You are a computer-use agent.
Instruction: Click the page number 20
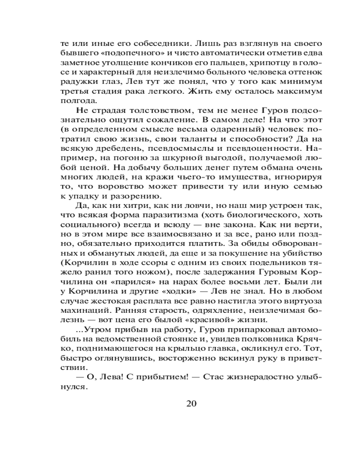click(191, 403)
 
